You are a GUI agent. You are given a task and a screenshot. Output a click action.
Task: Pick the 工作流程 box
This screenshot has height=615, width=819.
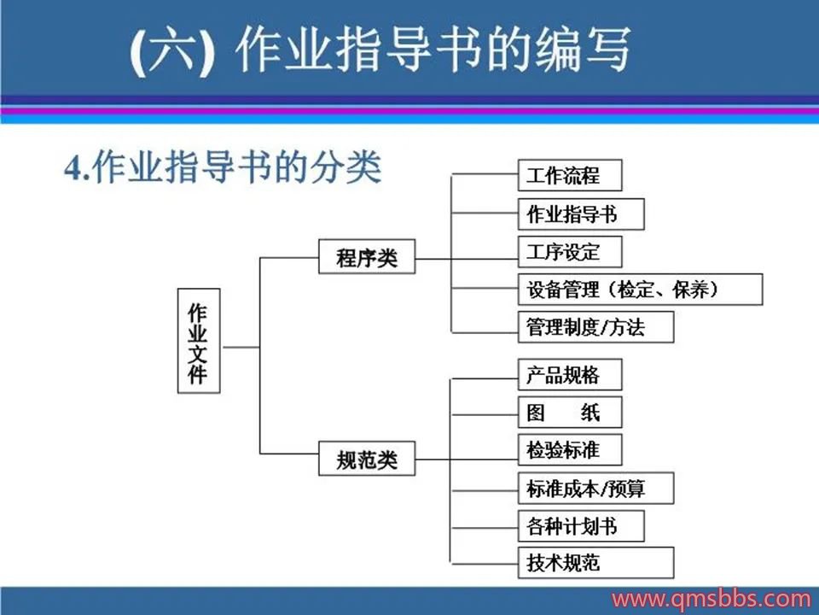pyautogui.click(x=569, y=176)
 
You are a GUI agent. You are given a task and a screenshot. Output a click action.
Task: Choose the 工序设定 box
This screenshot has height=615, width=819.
pyautogui.click(x=569, y=252)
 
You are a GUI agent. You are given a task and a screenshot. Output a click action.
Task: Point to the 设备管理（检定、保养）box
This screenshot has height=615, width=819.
pyautogui.click(x=639, y=290)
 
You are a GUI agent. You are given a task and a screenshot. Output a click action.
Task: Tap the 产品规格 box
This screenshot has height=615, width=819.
pyautogui.click(x=569, y=375)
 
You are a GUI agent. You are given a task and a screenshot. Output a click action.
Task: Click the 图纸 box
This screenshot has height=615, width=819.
pyautogui.click(x=569, y=413)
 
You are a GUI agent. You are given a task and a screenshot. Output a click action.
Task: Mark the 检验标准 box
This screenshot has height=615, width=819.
pyautogui.click(x=569, y=450)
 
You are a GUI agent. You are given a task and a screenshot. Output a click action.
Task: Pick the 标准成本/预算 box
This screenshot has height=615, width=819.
pyautogui.click(x=595, y=489)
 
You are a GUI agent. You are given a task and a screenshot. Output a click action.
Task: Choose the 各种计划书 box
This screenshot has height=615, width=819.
pyautogui.click(x=580, y=526)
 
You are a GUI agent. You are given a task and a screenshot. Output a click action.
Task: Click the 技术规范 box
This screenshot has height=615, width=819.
pyautogui.click(x=595, y=563)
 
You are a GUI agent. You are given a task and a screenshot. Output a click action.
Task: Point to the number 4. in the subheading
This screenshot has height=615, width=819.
pyautogui.click(x=78, y=169)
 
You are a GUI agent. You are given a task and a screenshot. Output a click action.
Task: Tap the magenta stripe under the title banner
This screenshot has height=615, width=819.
pyautogui.click(x=409, y=110)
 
